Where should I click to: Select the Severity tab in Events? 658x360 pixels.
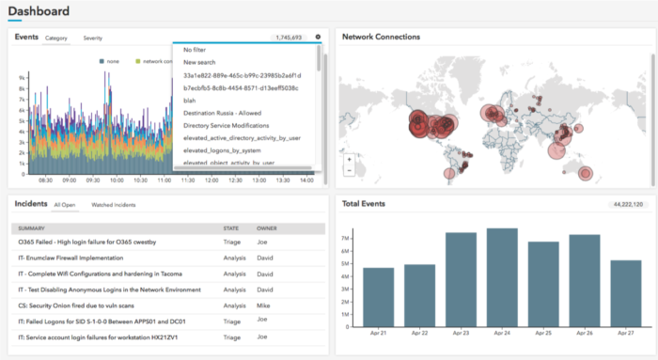pos(93,39)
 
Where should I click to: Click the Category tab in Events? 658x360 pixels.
pos(56,39)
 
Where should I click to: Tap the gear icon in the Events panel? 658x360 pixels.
pos(318,38)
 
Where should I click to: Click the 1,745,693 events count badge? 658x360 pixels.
pos(288,39)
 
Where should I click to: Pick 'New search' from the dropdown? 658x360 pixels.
pos(200,62)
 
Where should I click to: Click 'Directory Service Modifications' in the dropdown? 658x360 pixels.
pos(227,125)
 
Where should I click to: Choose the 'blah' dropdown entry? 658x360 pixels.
pos(191,100)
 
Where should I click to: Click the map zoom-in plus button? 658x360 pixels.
pos(349,159)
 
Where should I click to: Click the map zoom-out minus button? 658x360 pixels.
pos(349,171)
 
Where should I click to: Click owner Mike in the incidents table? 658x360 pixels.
pos(264,306)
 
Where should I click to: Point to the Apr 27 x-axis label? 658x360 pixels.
pos(626,333)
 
